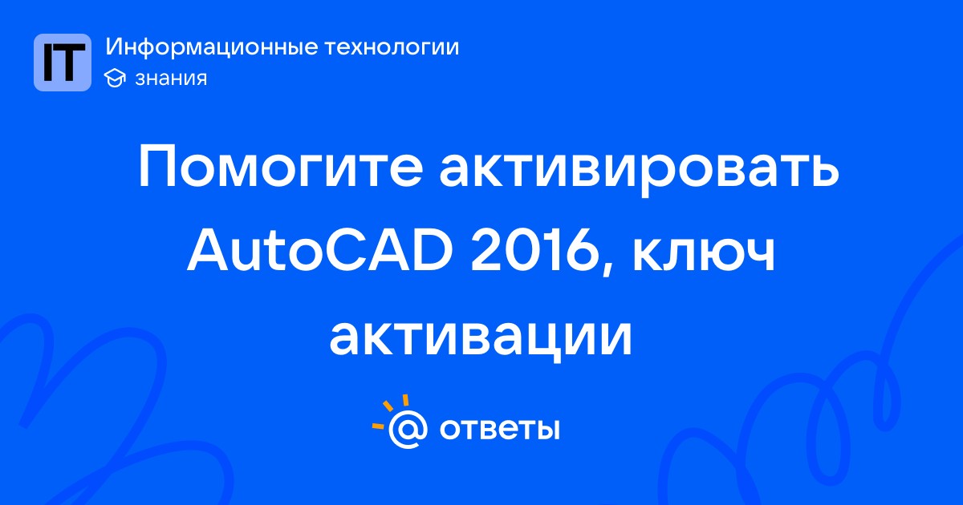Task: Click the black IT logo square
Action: pyautogui.click(x=63, y=63)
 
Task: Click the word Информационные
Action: pyautogui.click(x=212, y=47)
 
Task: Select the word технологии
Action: pyautogui.click(x=392, y=47)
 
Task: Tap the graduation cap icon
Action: pyautogui.click(x=115, y=79)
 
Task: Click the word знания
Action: pyautogui.click(x=171, y=79)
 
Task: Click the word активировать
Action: pyautogui.click(x=639, y=171)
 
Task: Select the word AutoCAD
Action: pyautogui.click(x=320, y=251)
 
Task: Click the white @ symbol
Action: pyautogui.click(x=408, y=429)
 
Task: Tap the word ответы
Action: pyautogui.click(x=499, y=429)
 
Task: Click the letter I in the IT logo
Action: pyautogui.click(x=47, y=63)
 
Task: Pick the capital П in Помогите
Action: pyautogui.click(x=156, y=165)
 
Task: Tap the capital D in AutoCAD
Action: pyautogui.click(x=432, y=251)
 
